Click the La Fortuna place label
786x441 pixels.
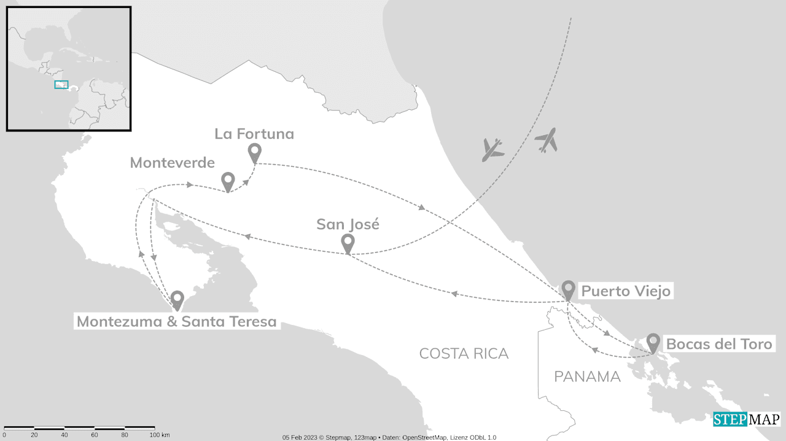254,134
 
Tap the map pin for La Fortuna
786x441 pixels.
254,152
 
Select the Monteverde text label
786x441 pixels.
173,163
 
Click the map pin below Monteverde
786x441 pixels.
228,181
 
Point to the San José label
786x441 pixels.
348,224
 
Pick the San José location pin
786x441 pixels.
348,243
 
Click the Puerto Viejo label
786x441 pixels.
626,291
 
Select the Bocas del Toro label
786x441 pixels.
718,344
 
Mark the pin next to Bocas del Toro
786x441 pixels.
653,341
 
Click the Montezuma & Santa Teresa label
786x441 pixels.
176,321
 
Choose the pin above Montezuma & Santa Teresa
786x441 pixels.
177,299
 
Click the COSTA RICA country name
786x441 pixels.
464,353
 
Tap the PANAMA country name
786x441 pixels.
587,377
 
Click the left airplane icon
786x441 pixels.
492,149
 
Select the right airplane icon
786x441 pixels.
546,140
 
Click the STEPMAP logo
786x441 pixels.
747,420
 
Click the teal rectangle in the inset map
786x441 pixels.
61,85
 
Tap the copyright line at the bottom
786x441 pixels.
389,437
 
